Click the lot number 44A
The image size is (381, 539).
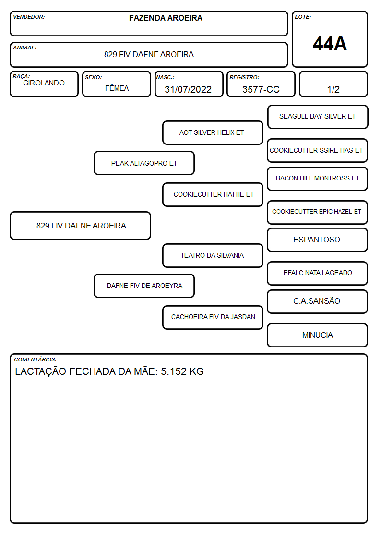(x=330, y=44)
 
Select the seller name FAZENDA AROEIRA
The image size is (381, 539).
(x=166, y=18)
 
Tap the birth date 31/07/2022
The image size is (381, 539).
(x=188, y=89)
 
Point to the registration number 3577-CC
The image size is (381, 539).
(x=261, y=89)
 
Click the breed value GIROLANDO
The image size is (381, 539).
(x=44, y=83)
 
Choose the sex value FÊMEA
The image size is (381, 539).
(x=117, y=88)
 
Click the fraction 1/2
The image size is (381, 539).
(x=333, y=89)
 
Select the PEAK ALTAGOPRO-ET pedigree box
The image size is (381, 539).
(x=144, y=163)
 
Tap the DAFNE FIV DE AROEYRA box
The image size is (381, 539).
(x=144, y=286)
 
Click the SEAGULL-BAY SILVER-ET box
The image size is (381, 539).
(x=318, y=117)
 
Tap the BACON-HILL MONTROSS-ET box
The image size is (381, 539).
(x=318, y=179)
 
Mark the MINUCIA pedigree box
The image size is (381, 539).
(x=318, y=335)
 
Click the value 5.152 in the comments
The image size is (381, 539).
(x=174, y=371)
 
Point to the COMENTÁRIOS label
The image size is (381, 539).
(x=36, y=359)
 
